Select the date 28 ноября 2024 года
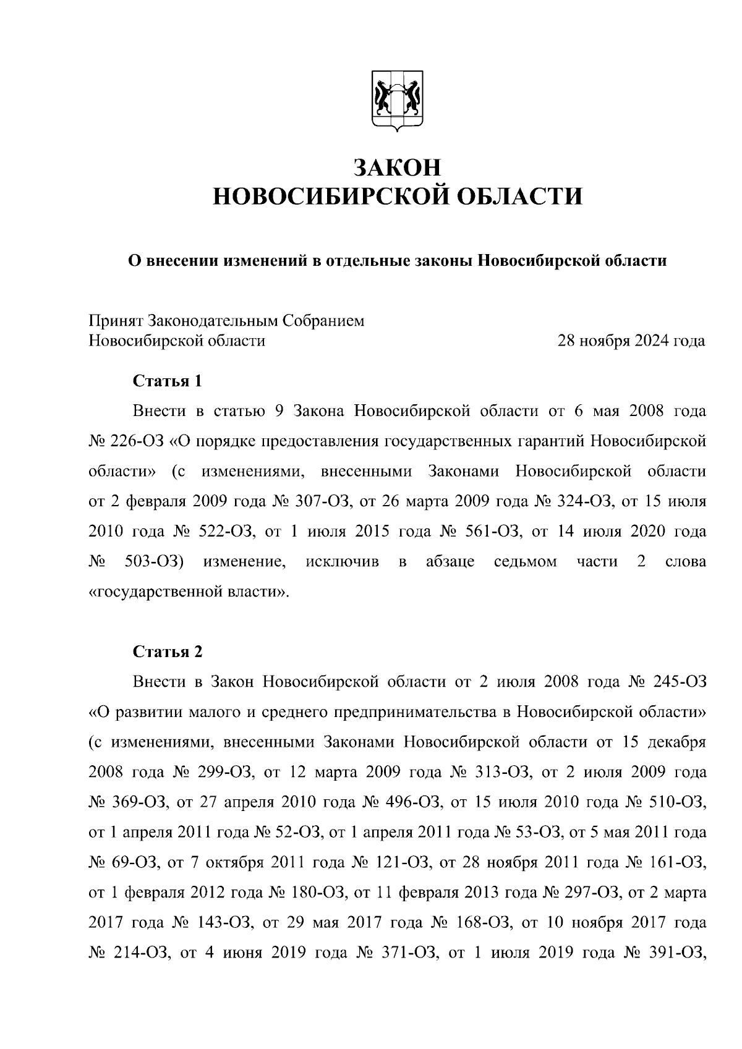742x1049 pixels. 631,341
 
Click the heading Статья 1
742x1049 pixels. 168,381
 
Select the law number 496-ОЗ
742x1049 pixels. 412,802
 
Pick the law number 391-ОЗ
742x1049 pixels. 680,953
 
